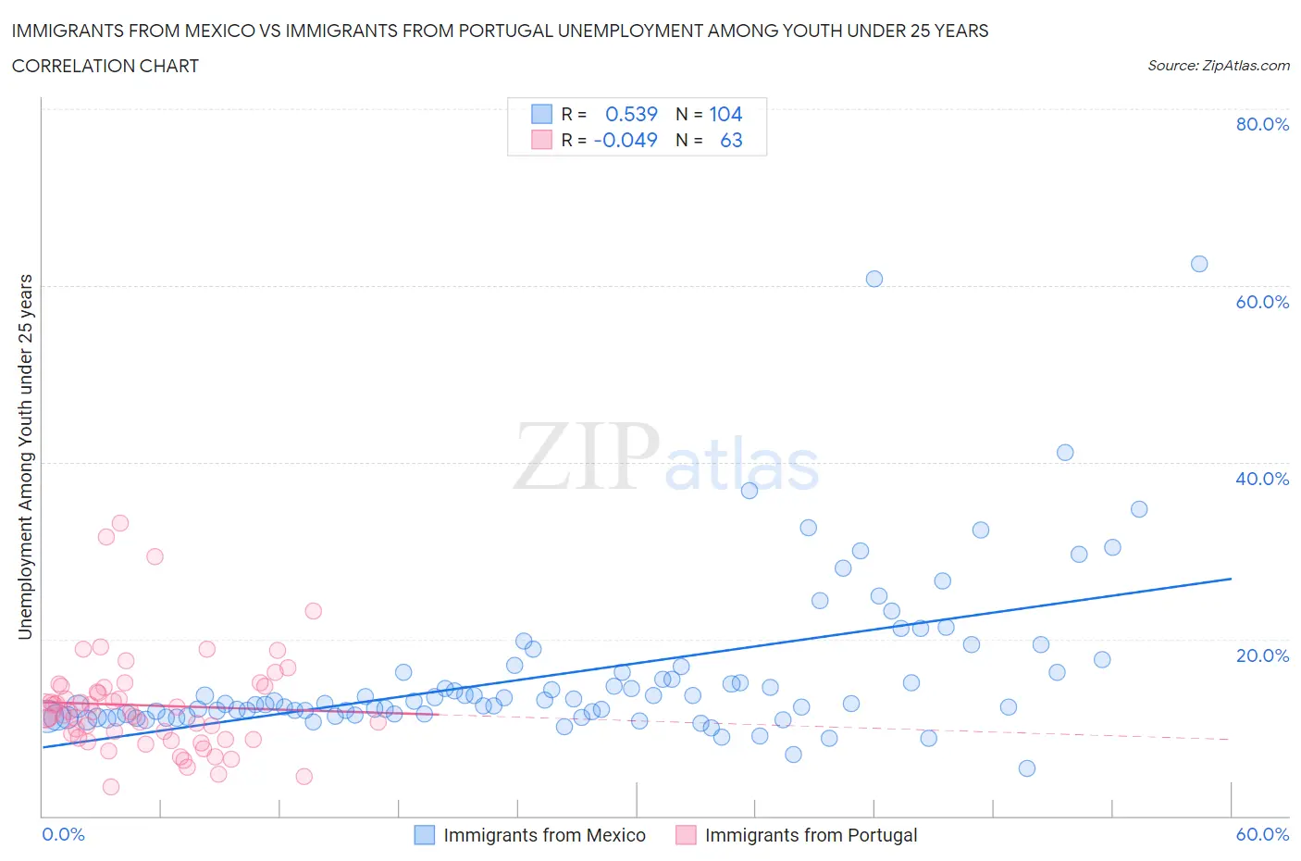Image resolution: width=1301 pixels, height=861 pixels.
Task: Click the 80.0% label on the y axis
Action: coord(1262,124)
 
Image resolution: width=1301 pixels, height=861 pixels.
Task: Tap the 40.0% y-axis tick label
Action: coord(1262,479)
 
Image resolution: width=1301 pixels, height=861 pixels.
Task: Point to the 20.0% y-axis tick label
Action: coord(1262,655)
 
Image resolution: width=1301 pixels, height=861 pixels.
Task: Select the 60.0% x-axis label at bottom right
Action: coord(1262,834)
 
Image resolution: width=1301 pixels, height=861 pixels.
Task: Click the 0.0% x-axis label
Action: coord(63,834)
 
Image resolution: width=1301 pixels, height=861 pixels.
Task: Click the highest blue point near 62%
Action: coord(1199,264)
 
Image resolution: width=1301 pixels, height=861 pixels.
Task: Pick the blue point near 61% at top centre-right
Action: coord(874,279)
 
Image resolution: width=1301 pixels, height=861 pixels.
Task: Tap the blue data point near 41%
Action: coord(1065,453)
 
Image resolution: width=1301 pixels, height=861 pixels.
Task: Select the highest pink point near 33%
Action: coord(120,523)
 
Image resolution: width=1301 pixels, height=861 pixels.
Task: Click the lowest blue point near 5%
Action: coord(1027,768)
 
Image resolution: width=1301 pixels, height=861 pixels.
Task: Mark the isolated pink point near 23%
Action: coord(314,611)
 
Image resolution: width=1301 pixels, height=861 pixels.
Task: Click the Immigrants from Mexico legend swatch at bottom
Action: coord(424,835)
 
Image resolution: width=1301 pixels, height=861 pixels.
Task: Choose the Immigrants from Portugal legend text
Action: coord(811,835)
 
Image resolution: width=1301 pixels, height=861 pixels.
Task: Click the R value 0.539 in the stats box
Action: coord(631,114)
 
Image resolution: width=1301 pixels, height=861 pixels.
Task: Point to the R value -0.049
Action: coord(626,140)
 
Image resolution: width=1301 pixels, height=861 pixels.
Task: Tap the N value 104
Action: coord(725,114)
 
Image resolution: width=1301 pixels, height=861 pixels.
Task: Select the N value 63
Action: coord(731,140)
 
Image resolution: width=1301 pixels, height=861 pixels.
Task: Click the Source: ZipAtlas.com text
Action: coord(1218,65)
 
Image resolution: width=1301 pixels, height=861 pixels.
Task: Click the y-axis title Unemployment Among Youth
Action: coord(26,456)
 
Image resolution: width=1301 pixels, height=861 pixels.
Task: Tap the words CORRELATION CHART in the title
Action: coord(105,66)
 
